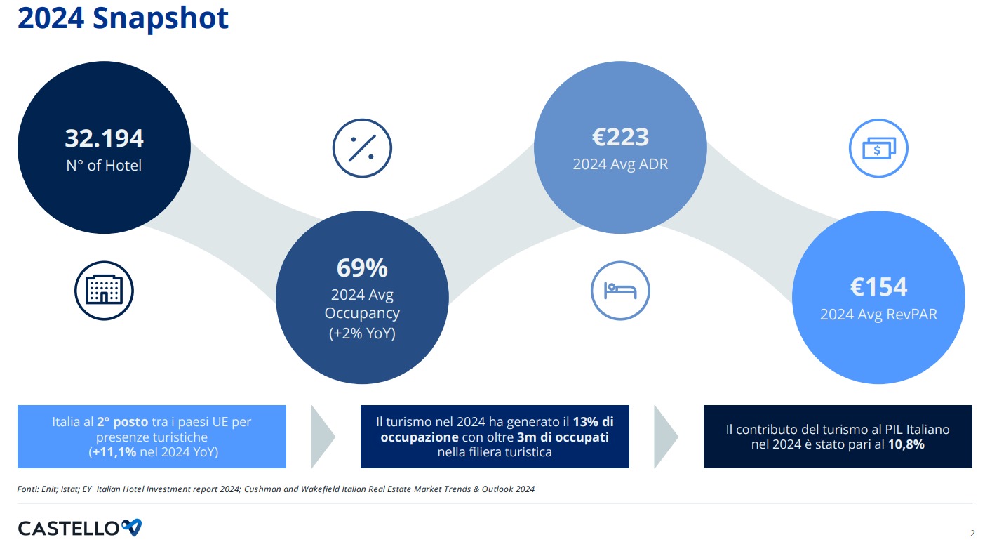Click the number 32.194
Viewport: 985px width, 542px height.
(105, 138)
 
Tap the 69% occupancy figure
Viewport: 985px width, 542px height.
(362, 267)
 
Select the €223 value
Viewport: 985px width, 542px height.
(620, 137)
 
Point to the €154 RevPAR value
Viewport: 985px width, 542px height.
(878, 287)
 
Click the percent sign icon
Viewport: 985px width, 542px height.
(362, 148)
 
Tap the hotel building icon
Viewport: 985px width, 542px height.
(105, 291)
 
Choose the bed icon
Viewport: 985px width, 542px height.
(620, 291)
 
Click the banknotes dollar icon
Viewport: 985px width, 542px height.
(878, 148)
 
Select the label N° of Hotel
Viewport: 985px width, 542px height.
(105, 166)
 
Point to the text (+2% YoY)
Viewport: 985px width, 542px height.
(362, 333)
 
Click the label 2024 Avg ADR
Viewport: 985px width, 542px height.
(620, 164)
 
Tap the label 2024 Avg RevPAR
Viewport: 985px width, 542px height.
(878, 314)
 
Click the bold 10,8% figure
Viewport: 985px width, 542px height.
(906, 444)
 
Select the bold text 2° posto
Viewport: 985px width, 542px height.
(122, 422)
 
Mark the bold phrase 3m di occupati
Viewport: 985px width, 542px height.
(563, 437)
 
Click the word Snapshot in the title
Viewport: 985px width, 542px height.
(161, 18)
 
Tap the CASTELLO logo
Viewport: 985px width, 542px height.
(79, 528)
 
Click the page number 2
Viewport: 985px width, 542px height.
(972, 534)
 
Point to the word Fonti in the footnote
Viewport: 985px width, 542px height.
(27, 489)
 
